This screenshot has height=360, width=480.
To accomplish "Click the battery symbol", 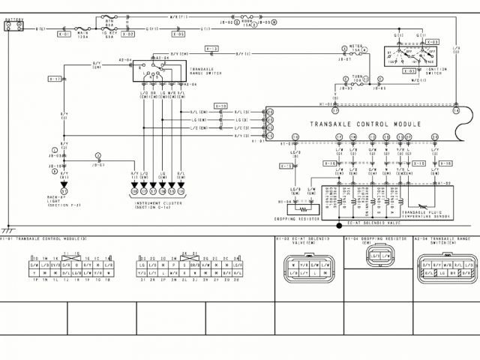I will click(13, 25).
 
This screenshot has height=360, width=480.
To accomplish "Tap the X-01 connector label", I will click(64, 34).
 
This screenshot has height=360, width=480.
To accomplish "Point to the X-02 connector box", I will click(128, 34).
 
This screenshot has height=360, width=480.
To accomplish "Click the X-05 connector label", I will click(178, 34).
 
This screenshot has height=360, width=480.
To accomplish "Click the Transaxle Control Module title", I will click(365, 124).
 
